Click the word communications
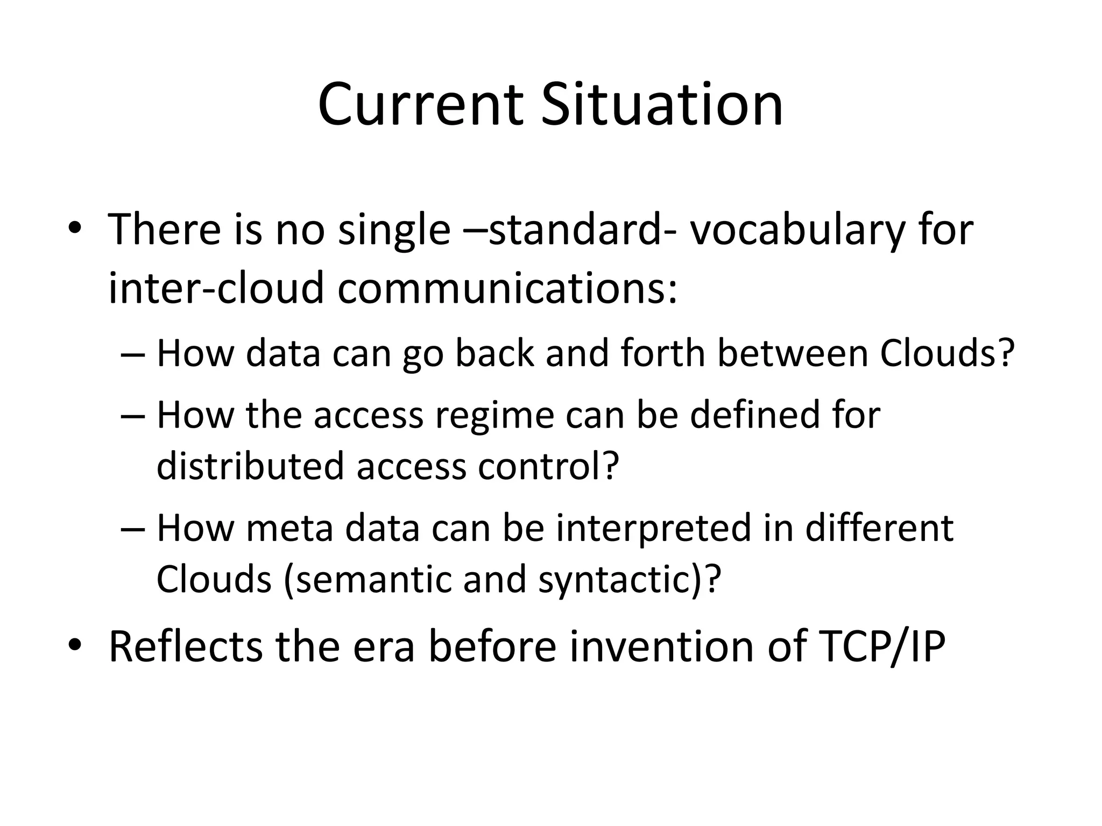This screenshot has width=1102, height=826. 507,288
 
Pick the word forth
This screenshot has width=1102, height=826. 662,353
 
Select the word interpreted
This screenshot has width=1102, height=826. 653,528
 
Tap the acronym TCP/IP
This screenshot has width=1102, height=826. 881,646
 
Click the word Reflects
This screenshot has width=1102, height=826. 186,646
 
